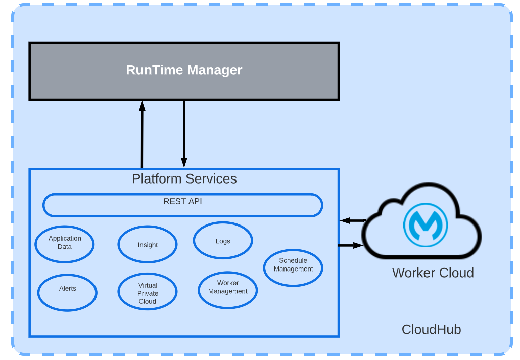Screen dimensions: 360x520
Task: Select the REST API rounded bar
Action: pyautogui.click(x=182, y=205)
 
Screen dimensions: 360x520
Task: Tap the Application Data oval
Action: pyautogui.click(x=65, y=243)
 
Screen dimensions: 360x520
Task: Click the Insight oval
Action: pyautogui.click(x=148, y=245)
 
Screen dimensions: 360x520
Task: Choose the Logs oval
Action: pyautogui.click(x=223, y=241)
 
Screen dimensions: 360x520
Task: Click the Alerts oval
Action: pyautogui.click(x=67, y=292)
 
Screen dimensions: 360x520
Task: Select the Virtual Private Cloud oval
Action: pyautogui.click(x=148, y=293)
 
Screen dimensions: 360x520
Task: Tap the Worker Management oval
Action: pyautogui.click(x=227, y=289)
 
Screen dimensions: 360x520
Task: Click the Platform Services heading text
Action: pyautogui.click(x=184, y=179)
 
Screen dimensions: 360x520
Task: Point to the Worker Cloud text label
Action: pyautogui.click(x=433, y=273)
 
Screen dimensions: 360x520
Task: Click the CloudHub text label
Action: pyautogui.click(x=431, y=330)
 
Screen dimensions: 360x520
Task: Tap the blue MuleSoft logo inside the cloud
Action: pyautogui.click(x=426, y=224)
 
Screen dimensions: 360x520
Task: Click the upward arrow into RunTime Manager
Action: pyautogui.click(x=142, y=134)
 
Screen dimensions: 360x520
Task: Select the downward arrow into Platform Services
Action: pyautogui.click(x=184, y=134)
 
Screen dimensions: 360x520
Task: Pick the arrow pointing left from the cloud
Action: pyautogui.click(x=352, y=220)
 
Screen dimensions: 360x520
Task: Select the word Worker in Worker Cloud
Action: pyautogui.click(x=413, y=273)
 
